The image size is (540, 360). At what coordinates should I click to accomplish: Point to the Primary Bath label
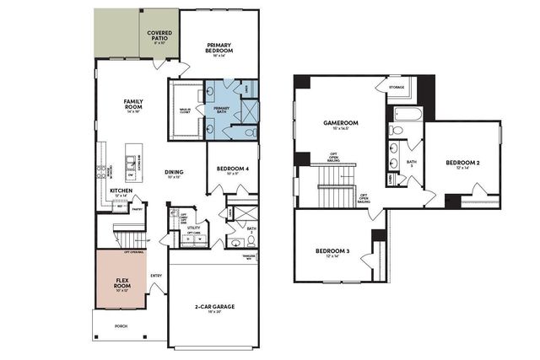click(x=221, y=109)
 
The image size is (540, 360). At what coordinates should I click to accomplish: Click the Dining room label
click(x=175, y=174)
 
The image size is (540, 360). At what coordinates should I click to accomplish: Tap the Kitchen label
click(x=121, y=192)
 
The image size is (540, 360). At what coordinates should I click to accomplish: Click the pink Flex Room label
click(x=121, y=283)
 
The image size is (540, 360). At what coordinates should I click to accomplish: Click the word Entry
click(x=156, y=275)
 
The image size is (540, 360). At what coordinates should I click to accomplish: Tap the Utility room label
click(x=193, y=228)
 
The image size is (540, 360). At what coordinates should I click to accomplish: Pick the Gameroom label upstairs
click(x=341, y=124)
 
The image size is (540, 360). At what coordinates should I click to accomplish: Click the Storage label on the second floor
click(x=397, y=87)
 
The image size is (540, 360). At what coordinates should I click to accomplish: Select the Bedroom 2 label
click(x=462, y=162)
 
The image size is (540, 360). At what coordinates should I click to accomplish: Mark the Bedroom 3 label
click(x=332, y=251)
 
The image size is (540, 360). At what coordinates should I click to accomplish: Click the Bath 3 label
click(x=412, y=164)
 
